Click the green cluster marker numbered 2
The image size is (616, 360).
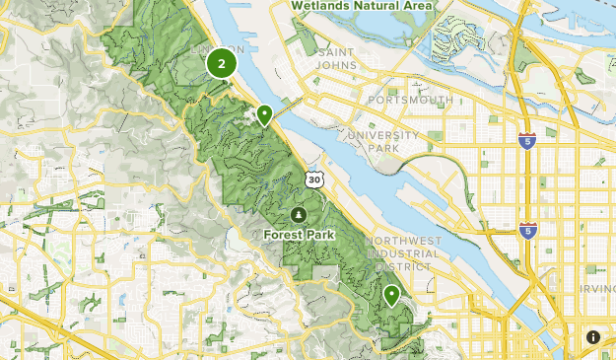coord(222,65)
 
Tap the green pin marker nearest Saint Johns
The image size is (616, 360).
coord(264,115)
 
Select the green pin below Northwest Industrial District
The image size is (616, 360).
coord(391,294)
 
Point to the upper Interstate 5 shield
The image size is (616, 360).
coord(528,141)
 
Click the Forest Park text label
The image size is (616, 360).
coord(299,235)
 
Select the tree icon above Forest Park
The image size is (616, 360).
coord(299,214)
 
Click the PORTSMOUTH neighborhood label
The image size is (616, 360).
coord(410,101)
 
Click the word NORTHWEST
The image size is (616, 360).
coord(399,241)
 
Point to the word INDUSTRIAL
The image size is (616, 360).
coord(399,253)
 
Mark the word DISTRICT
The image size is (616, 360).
coord(401,266)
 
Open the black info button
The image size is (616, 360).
coord(593,337)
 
